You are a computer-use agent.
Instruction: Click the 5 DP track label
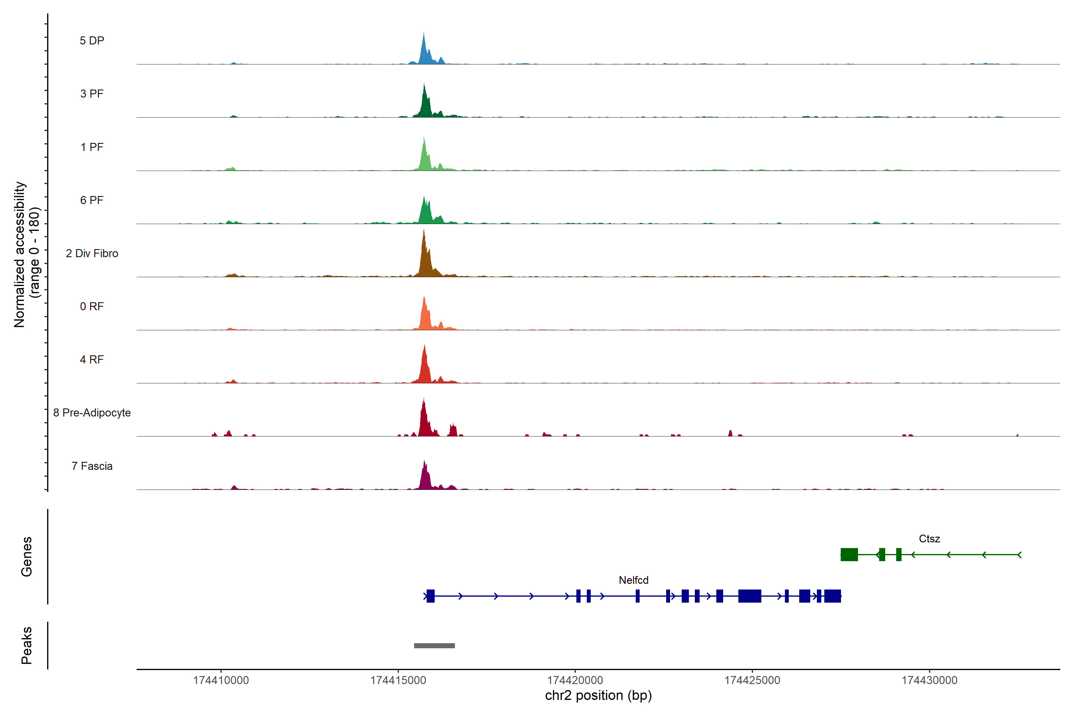point(92,41)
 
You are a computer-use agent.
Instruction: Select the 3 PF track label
point(92,94)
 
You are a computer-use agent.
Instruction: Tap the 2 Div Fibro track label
point(92,253)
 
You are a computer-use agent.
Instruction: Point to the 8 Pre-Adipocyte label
point(92,413)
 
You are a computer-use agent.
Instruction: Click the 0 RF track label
point(92,306)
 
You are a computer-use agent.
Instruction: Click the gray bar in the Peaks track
point(434,646)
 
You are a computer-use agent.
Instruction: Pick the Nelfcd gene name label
point(633,580)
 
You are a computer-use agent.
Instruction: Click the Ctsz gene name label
point(929,539)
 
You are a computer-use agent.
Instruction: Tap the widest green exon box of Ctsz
point(849,554)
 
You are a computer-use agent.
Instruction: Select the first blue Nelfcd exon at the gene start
point(430,596)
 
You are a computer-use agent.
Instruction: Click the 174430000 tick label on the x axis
point(929,680)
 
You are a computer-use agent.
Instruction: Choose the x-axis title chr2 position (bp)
point(598,695)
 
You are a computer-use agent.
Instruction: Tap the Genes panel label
point(27,557)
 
